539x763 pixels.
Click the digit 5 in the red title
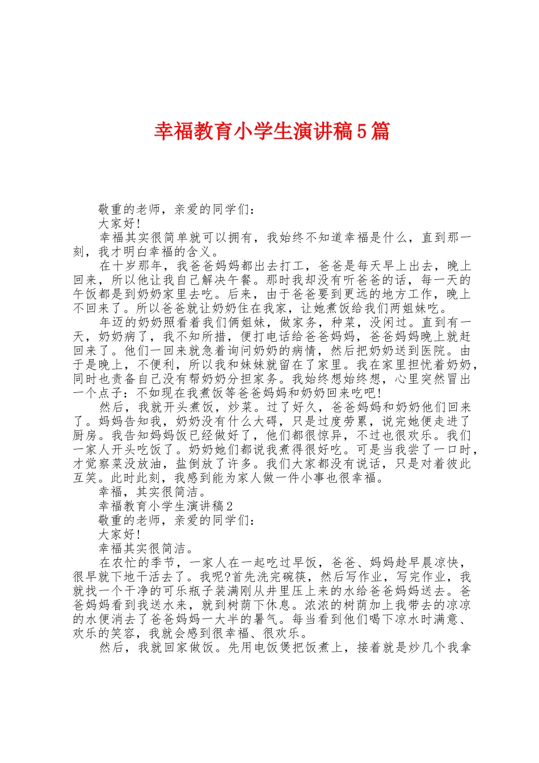362,132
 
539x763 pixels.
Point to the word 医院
433,350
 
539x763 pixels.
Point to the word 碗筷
292,577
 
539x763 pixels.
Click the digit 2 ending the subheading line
229,506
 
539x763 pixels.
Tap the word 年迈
112,322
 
